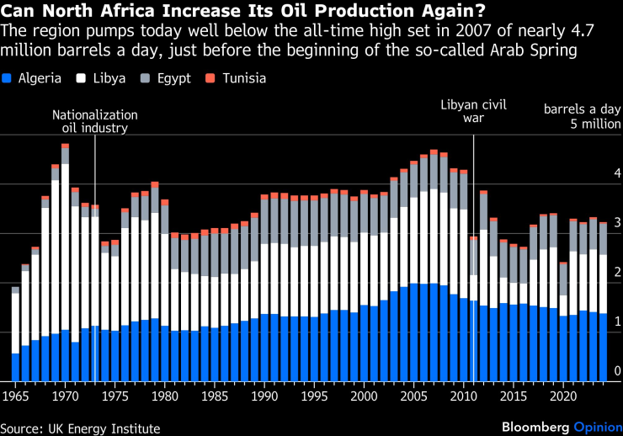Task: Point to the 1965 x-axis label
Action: [x=15, y=395]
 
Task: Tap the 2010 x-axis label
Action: [x=462, y=395]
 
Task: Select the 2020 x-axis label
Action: [x=562, y=395]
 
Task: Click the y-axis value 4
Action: [x=617, y=173]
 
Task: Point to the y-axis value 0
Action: [x=617, y=371]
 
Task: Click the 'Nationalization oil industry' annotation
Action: [x=94, y=121]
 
